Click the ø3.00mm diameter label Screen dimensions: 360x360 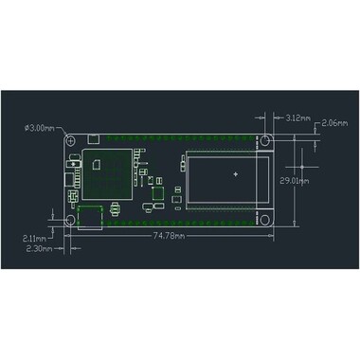click(38, 127)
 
